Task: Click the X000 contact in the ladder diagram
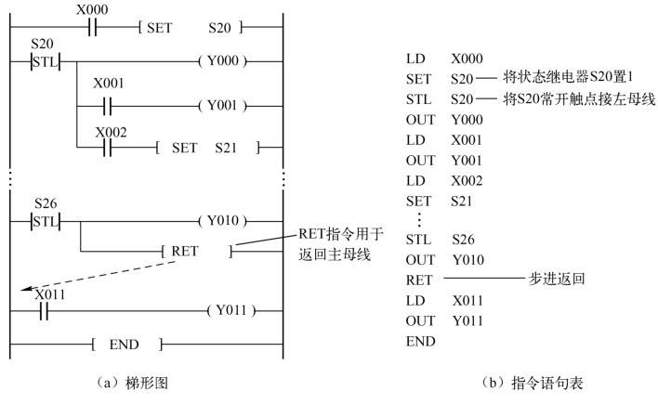92,29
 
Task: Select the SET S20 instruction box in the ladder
186,29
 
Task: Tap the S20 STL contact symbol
44,65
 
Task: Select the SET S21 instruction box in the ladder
207,147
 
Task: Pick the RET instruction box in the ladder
198,251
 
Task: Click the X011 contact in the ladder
44,309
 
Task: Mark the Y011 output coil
230,309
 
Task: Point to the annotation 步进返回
550,278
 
